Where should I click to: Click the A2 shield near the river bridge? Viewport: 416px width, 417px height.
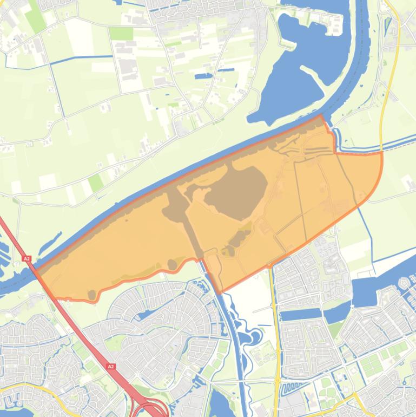[x=27, y=259]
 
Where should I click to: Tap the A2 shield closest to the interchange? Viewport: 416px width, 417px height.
[x=111, y=367]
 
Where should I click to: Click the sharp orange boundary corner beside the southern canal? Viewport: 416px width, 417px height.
[x=220, y=292]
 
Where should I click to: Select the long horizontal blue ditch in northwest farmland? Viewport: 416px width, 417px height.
[x=81, y=57]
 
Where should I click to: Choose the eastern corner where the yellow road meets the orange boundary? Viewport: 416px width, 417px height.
[x=381, y=154]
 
